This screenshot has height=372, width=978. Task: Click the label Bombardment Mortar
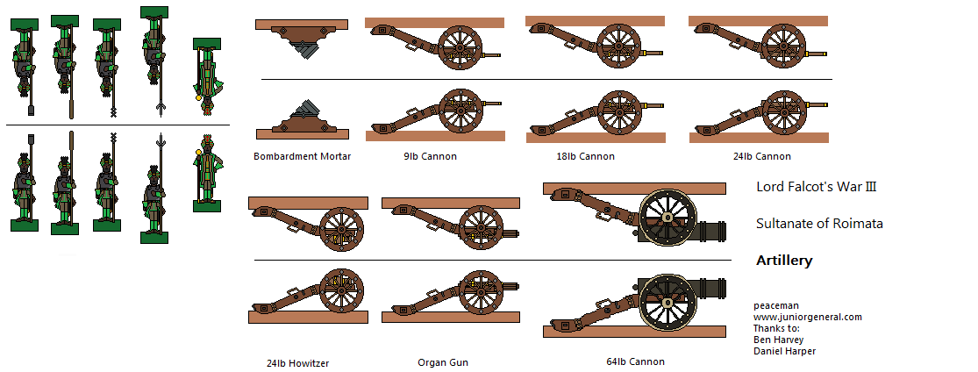tap(302, 156)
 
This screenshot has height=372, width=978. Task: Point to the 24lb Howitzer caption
tap(297, 362)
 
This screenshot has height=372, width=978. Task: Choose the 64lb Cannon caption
tap(635, 361)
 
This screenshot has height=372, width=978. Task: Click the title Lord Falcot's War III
tap(816, 186)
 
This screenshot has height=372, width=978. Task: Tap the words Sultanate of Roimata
tap(819, 224)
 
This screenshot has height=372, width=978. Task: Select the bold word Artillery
tap(784, 261)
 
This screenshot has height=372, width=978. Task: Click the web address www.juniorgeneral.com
tap(807, 317)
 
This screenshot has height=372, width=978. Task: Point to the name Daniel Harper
tap(784, 351)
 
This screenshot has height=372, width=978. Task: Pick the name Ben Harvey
tap(779, 340)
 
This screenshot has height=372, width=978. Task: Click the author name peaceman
tap(775, 305)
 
